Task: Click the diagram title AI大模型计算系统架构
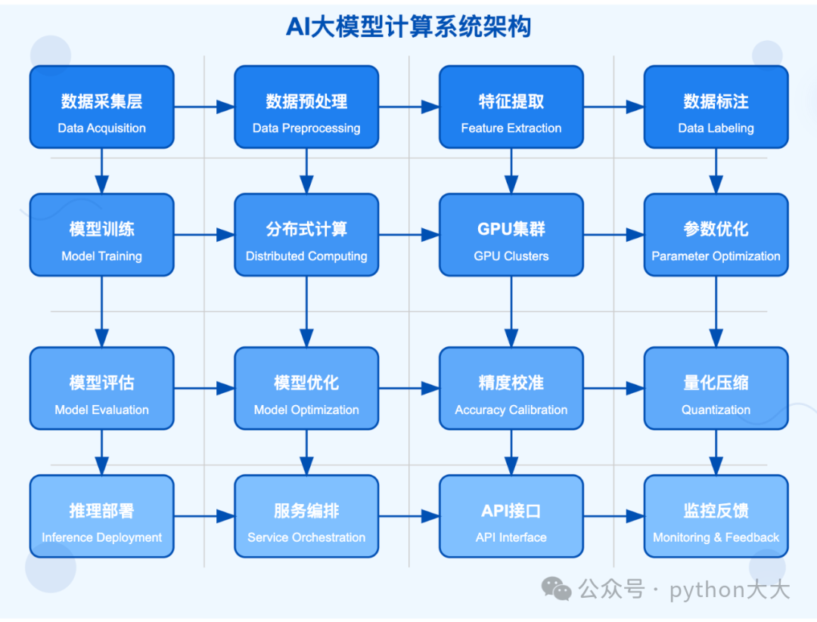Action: tap(408, 27)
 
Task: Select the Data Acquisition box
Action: tap(101, 107)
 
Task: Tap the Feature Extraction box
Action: tap(511, 107)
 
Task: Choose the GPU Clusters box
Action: tap(511, 235)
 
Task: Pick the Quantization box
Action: tap(716, 388)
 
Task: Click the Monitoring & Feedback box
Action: tap(716, 516)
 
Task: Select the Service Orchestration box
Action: tap(306, 516)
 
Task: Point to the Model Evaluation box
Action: tap(101, 388)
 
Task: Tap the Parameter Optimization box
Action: tap(716, 235)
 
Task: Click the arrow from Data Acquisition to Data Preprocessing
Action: tap(204, 107)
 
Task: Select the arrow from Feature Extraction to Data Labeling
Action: tap(614, 107)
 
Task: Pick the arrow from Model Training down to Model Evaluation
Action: tap(101, 312)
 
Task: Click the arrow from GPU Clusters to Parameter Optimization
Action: tap(614, 235)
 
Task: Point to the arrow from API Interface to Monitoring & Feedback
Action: tap(614, 516)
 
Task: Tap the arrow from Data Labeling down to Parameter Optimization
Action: tap(716, 171)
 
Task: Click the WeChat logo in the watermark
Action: tap(557, 589)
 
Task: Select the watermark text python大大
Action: tap(729, 590)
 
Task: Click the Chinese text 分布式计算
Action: tap(306, 229)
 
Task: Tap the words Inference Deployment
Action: tap(101, 537)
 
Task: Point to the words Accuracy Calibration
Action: tap(511, 410)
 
